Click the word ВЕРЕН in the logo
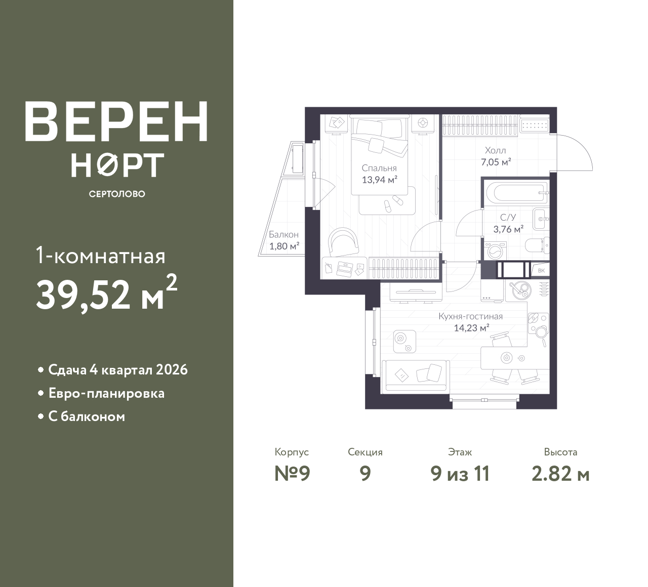coord(116,122)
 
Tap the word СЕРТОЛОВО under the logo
coord(117,194)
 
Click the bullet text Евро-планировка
coord(107,394)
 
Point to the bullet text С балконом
coord(87,417)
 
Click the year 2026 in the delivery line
coord(172,370)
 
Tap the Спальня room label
coord(379,168)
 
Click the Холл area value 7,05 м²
coord(496,162)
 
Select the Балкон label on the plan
coord(283,234)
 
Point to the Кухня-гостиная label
coord(471,316)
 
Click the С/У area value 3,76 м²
coord(508,229)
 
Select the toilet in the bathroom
coord(537,246)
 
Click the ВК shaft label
coord(541,271)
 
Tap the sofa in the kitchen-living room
coord(416,376)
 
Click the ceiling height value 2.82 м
coord(560,474)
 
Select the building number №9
coord(292,474)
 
